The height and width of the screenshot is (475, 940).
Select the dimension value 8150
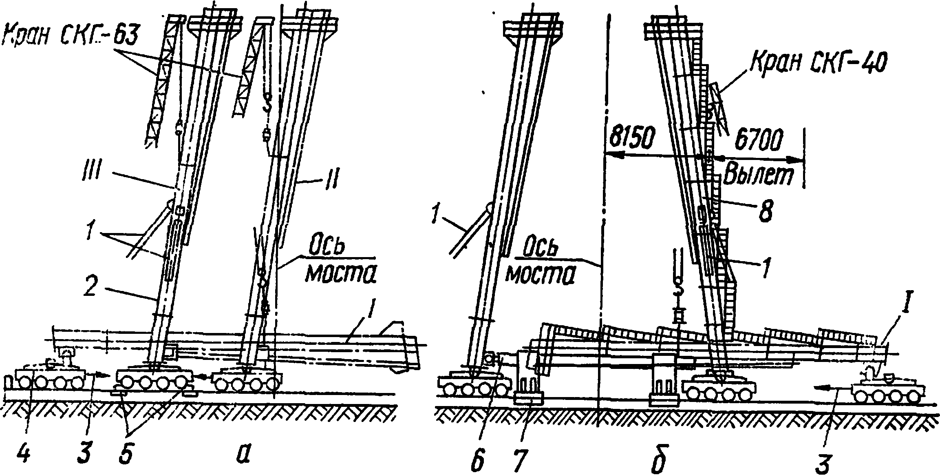coord(631,140)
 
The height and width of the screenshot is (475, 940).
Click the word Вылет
coord(758,176)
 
